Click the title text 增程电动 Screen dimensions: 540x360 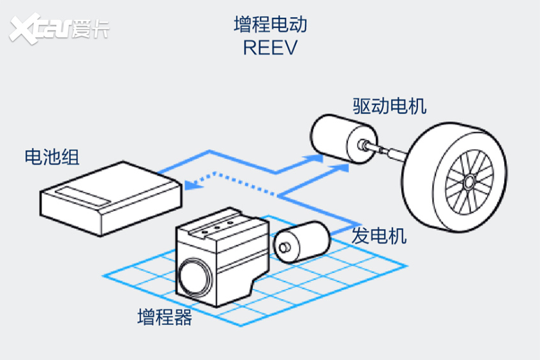point(271,24)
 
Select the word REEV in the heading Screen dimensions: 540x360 point(270,47)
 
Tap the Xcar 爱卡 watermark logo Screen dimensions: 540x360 point(59,28)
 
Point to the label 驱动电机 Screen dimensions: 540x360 point(389,106)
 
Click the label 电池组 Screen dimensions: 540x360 point(52,157)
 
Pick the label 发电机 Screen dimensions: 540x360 point(379,236)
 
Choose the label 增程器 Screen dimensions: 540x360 point(165,317)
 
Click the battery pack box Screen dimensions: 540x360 point(111,199)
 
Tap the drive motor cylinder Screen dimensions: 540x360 point(343,139)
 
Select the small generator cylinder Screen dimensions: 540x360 point(302,243)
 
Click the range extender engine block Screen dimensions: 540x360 point(222,257)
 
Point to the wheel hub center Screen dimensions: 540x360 point(469,181)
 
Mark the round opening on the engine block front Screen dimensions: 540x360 point(195,277)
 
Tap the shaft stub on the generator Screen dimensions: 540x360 point(285,247)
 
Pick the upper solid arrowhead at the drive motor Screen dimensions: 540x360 point(313,159)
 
